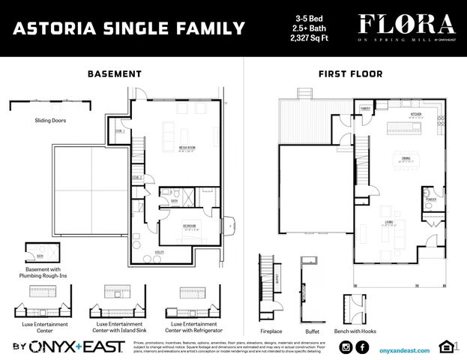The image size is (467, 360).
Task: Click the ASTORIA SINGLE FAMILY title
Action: point(130,28)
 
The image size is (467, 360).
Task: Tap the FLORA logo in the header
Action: point(406,24)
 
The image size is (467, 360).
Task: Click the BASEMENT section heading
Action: point(114,74)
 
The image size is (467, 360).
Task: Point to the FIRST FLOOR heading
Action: point(352,74)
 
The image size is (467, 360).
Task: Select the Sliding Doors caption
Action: point(49,120)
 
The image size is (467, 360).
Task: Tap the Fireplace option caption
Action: point(271,331)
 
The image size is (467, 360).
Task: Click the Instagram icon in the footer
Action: point(346,346)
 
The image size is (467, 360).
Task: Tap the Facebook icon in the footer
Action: point(362,346)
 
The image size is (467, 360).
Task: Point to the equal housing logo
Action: point(445,346)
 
